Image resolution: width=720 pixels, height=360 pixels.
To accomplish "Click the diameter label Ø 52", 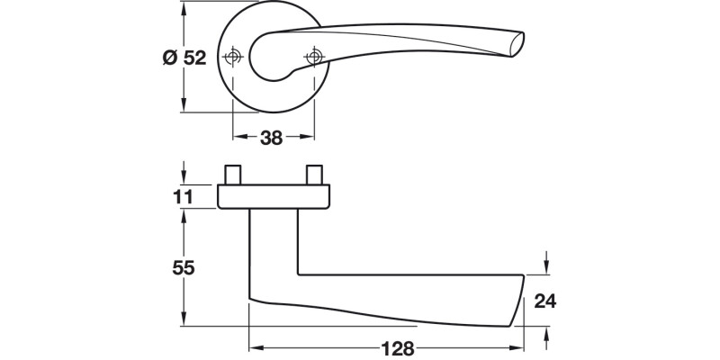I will tap(184, 58).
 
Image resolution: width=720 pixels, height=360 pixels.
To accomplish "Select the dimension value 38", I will tap(272, 138).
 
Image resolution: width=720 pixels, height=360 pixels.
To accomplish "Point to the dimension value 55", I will tap(184, 267).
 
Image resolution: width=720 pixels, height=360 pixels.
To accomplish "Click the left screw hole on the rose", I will tap(234, 58).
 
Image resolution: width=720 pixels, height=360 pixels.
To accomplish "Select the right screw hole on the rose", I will tap(314, 58).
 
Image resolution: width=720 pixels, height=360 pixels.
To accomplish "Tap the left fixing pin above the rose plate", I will tap(233, 175).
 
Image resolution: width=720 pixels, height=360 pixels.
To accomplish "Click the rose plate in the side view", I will tap(274, 196).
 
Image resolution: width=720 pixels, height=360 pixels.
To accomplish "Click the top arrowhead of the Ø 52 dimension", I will tap(184, 9).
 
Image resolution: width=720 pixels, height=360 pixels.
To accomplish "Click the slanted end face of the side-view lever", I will tap(519, 301).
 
